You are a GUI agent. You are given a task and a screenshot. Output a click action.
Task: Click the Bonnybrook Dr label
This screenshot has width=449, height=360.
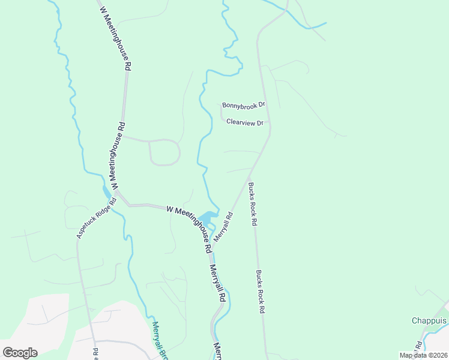243,105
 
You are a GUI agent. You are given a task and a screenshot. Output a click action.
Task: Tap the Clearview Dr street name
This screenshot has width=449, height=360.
245,122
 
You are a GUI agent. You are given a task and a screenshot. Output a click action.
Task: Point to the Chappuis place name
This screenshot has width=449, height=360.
429,320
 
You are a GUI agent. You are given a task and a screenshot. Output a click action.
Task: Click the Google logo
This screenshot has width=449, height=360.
20,353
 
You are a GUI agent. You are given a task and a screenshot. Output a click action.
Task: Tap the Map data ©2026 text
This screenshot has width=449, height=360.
422,355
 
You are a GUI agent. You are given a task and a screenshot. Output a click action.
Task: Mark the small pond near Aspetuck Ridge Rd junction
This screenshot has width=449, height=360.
107,192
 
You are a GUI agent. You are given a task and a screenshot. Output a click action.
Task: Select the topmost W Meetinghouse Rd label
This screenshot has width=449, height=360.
115,36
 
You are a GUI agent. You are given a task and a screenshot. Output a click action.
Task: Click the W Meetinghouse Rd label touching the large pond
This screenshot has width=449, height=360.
189,227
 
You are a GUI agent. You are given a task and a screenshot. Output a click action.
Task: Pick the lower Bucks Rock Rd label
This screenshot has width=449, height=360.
261,292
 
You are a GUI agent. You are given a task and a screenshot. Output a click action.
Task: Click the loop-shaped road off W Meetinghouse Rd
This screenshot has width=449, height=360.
164,152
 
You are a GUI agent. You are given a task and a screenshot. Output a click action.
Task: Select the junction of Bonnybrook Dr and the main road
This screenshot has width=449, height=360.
265,105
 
